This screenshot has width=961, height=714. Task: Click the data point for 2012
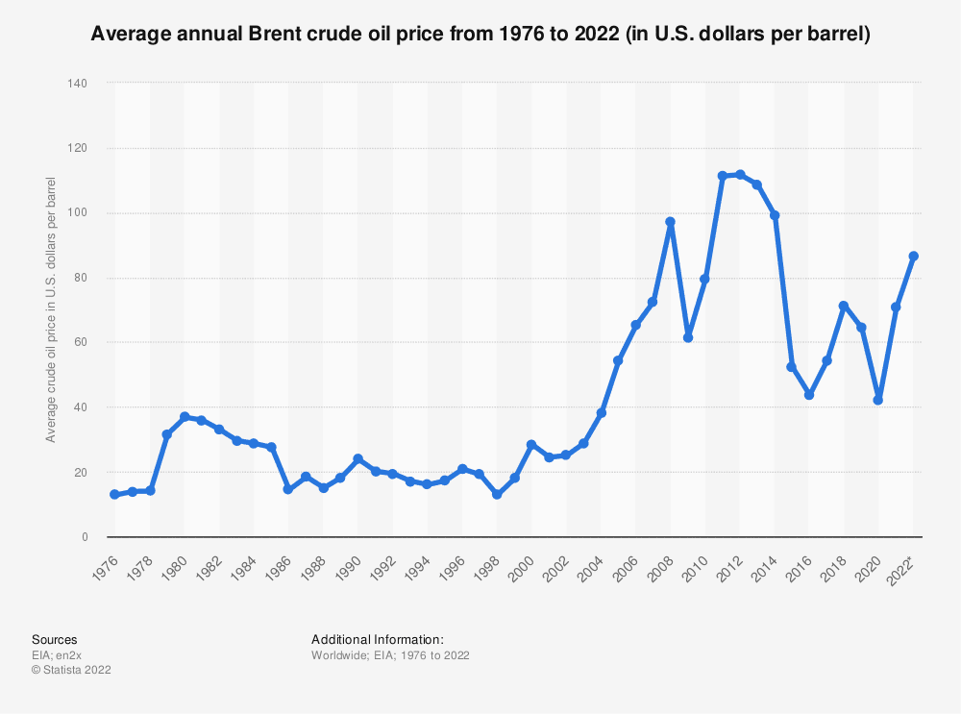[740, 175]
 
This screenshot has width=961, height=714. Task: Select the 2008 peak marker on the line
[670, 222]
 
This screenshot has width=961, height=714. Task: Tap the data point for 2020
[878, 400]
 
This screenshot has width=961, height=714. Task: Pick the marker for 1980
[185, 417]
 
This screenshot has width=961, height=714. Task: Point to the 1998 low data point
[497, 494]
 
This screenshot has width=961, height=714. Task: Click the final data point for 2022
[914, 256]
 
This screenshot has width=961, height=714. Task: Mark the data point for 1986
[288, 489]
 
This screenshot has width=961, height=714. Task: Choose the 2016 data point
[809, 395]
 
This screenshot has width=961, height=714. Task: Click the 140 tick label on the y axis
[79, 84]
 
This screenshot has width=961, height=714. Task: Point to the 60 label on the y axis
[82, 342]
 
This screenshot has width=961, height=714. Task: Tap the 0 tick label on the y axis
[85, 537]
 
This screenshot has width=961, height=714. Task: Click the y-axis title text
[51, 310]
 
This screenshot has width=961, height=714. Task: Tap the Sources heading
[55, 639]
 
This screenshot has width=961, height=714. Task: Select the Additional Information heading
[378, 639]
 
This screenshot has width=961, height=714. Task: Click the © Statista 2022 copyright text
[71, 670]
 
